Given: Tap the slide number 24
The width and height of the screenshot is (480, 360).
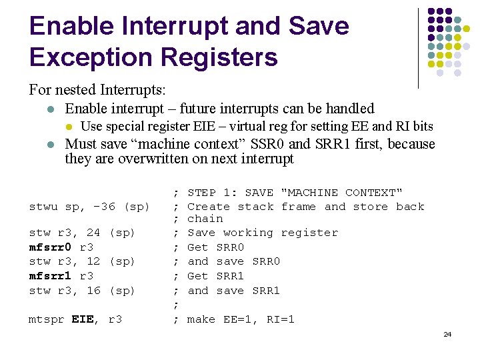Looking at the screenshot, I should click(x=447, y=333).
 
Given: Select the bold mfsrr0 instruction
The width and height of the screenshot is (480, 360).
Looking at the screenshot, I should click(x=51, y=247).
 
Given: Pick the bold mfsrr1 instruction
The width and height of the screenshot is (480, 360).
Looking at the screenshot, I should click(x=51, y=276).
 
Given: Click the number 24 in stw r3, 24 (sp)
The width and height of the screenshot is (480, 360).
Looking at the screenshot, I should click(x=93, y=233).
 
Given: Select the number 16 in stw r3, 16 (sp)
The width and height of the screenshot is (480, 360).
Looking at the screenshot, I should click(x=93, y=291).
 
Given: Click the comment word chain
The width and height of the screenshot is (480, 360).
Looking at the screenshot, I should click(x=205, y=219).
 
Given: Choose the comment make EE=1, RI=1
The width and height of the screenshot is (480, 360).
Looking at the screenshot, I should click(x=241, y=319).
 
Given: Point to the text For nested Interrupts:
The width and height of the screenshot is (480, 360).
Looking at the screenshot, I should click(x=97, y=89).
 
